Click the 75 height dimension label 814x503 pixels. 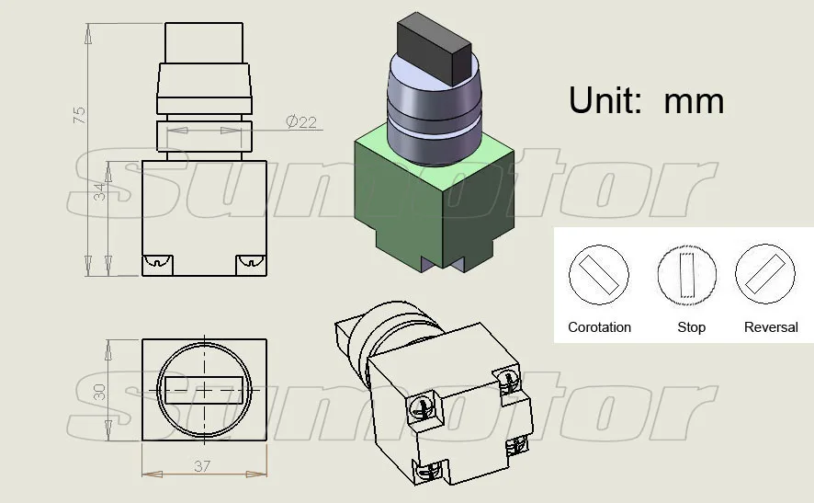79,115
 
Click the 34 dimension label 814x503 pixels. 99,192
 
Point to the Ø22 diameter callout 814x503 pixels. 301,121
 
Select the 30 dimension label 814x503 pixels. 99,392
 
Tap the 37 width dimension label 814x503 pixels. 202,466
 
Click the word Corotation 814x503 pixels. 600,327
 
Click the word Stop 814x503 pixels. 692,327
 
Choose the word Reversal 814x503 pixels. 771,327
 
